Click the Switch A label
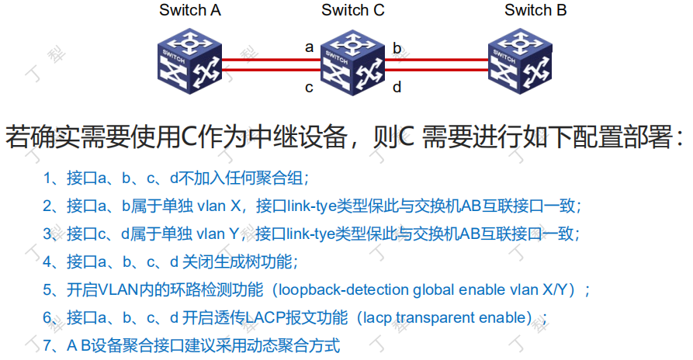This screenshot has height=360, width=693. coord(190,10)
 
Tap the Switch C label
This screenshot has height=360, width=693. coord(352,10)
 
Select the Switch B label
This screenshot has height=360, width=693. coord(535,10)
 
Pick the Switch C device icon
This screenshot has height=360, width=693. coord(353,61)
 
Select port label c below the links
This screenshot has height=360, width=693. coord(309,87)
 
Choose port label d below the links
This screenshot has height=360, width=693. coord(397,87)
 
